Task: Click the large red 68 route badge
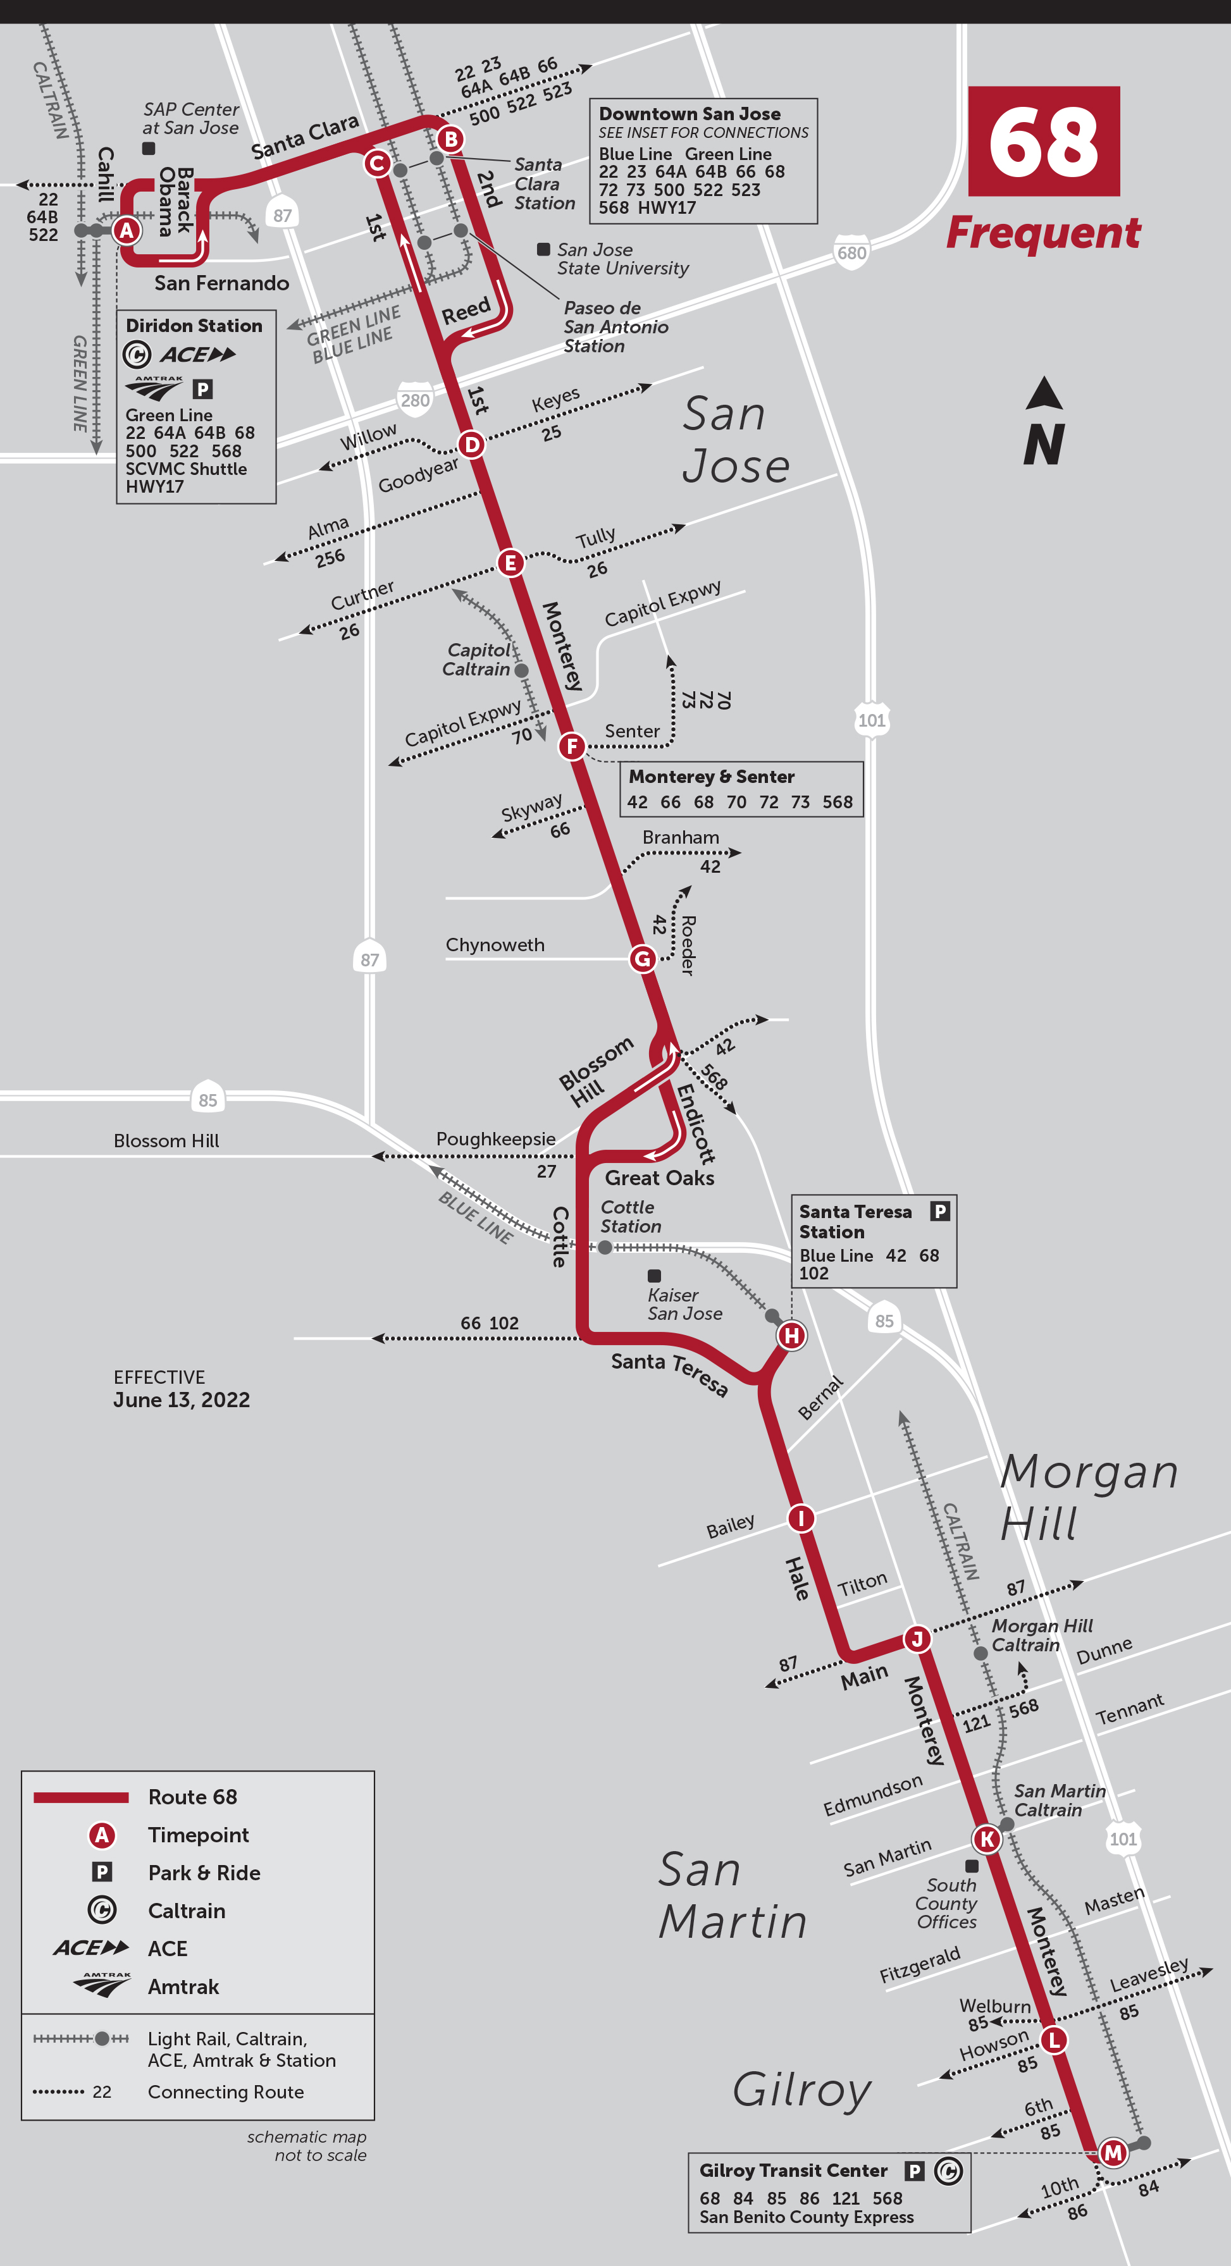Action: click(x=1044, y=141)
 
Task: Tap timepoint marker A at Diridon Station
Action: click(x=127, y=230)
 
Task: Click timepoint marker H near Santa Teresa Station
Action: click(x=791, y=1335)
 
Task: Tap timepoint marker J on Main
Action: click(x=917, y=1639)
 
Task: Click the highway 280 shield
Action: click(x=416, y=400)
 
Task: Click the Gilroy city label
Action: click(x=801, y=2088)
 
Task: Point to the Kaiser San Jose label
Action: click(x=684, y=1303)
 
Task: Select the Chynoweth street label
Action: click(x=495, y=945)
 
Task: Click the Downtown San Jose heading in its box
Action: click(x=689, y=113)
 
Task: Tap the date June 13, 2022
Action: click(x=182, y=1400)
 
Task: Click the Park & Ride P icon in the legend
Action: click(x=102, y=1872)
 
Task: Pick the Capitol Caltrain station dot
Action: click(x=521, y=670)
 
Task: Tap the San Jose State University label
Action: click(x=621, y=259)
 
